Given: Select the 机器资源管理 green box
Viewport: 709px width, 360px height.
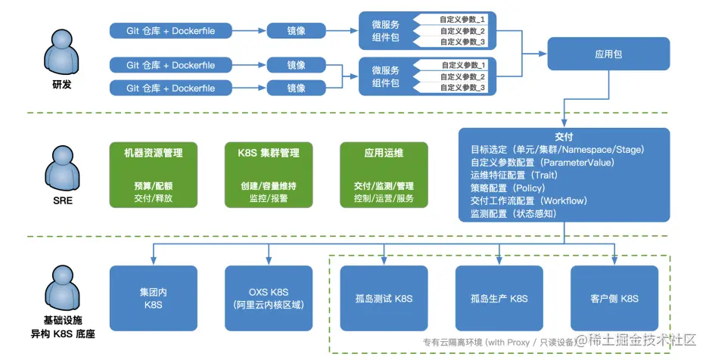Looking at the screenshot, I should [x=154, y=174].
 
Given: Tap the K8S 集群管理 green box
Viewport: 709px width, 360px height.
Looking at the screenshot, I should [x=268, y=174].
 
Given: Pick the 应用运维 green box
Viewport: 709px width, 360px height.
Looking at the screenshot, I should [x=384, y=174].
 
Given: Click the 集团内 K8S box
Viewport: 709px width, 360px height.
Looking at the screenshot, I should [x=154, y=298].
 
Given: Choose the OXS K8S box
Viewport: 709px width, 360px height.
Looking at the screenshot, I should [x=268, y=298].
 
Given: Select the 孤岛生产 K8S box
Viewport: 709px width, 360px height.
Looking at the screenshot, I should [x=498, y=298].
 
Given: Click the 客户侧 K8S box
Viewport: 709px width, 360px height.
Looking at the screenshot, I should [x=613, y=298].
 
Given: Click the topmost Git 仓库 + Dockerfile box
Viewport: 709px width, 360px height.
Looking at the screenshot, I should [x=171, y=31].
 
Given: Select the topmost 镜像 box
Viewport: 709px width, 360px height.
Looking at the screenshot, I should [x=296, y=31].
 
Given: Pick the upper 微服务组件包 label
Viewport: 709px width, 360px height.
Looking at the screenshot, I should [x=386, y=32].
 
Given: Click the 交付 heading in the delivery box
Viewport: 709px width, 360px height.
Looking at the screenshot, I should [x=564, y=138].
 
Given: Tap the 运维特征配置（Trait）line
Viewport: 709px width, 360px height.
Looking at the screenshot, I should [x=514, y=175].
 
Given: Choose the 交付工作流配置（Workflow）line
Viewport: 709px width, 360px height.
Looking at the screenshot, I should [x=523, y=200].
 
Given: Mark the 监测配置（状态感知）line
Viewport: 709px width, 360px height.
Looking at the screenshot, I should [x=514, y=213].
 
